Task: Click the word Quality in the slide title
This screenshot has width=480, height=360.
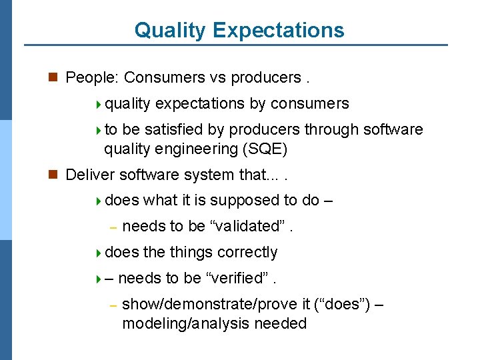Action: (x=171, y=30)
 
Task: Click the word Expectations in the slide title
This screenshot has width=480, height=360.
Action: (x=279, y=30)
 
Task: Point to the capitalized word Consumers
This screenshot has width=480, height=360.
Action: (x=164, y=78)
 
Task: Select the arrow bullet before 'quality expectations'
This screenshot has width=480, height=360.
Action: (x=99, y=104)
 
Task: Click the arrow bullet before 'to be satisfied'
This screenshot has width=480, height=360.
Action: (x=99, y=130)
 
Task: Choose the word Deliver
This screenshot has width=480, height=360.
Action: (x=91, y=175)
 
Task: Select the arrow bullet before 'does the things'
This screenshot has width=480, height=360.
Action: (x=99, y=253)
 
